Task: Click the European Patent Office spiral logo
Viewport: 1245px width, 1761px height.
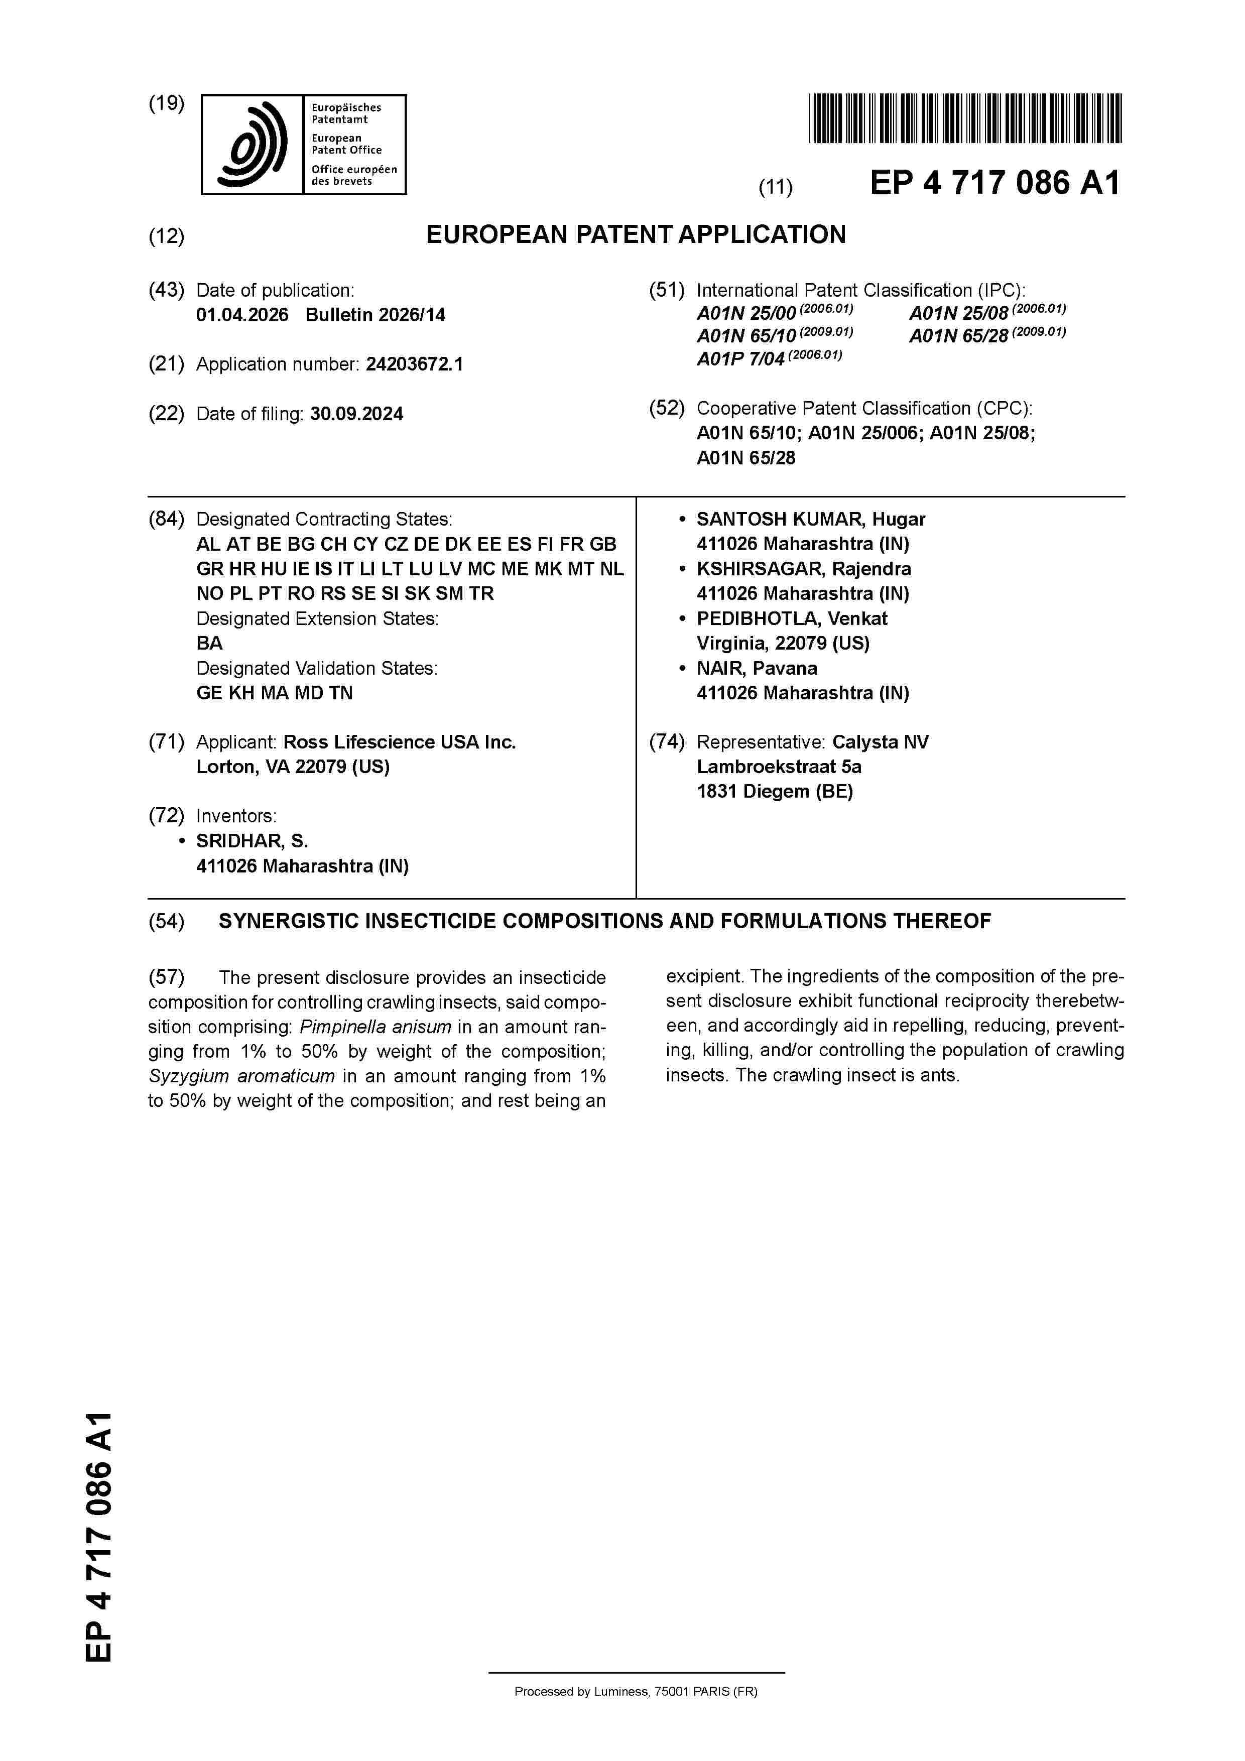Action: pyautogui.click(x=253, y=144)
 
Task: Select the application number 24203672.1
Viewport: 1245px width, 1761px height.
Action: pyautogui.click(x=414, y=364)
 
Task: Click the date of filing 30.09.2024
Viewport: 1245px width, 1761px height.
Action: pyautogui.click(x=357, y=414)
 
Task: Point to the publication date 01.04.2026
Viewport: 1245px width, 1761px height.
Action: pyautogui.click(x=242, y=315)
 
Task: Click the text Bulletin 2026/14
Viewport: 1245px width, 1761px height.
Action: pyautogui.click(x=375, y=315)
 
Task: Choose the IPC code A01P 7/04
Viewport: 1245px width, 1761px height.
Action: pyautogui.click(x=740, y=359)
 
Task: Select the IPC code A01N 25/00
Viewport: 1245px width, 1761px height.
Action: pyautogui.click(x=745, y=314)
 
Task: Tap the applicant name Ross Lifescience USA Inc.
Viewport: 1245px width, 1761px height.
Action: pyautogui.click(x=399, y=742)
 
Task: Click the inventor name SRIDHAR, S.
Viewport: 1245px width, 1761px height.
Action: pyautogui.click(x=252, y=841)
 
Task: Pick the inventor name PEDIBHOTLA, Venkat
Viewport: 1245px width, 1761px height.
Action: pyautogui.click(x=792, y=619)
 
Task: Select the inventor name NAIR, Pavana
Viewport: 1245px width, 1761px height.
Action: pyautogui.click(x=757, y=669)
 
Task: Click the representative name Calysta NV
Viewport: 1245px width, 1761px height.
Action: pyautogui.click(x=880, y=742)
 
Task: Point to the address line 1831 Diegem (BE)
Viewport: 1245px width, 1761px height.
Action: pyautogui.click(x=775, y=792)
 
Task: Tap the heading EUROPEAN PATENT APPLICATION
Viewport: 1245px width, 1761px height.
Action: pyautogui.click(x=635, y=235)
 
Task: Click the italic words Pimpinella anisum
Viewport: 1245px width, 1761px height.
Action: pyautogui.click(x=375, y=1027)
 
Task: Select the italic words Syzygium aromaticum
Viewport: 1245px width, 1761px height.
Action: pyautogui.click(x=241, y=1076)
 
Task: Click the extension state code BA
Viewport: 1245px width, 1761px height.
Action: pyautogui.click(x=209, y=644)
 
